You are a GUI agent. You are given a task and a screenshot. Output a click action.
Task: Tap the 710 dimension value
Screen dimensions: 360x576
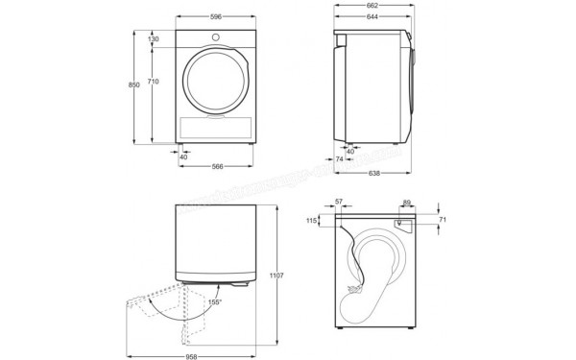pyautogui.click(x=154, y=84)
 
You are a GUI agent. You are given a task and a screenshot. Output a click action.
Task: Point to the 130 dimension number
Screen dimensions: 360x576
pyautogui.click(x=154, y=39)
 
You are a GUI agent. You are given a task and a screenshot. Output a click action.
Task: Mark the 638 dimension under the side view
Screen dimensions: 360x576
pyautogui.click(x=372, y=174)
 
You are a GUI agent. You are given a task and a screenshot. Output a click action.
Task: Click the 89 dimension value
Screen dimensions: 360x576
pyautogui.click(x=407, y=204)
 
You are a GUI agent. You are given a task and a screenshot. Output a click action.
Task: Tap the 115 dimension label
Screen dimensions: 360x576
pyautogui.click(x=310, y=222)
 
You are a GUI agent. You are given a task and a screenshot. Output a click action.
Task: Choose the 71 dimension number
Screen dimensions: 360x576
pyautogui.click(x=441, y=220)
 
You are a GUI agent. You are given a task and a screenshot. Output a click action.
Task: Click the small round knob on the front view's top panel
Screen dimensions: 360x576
pyautogui.click(x=216, y=38)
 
